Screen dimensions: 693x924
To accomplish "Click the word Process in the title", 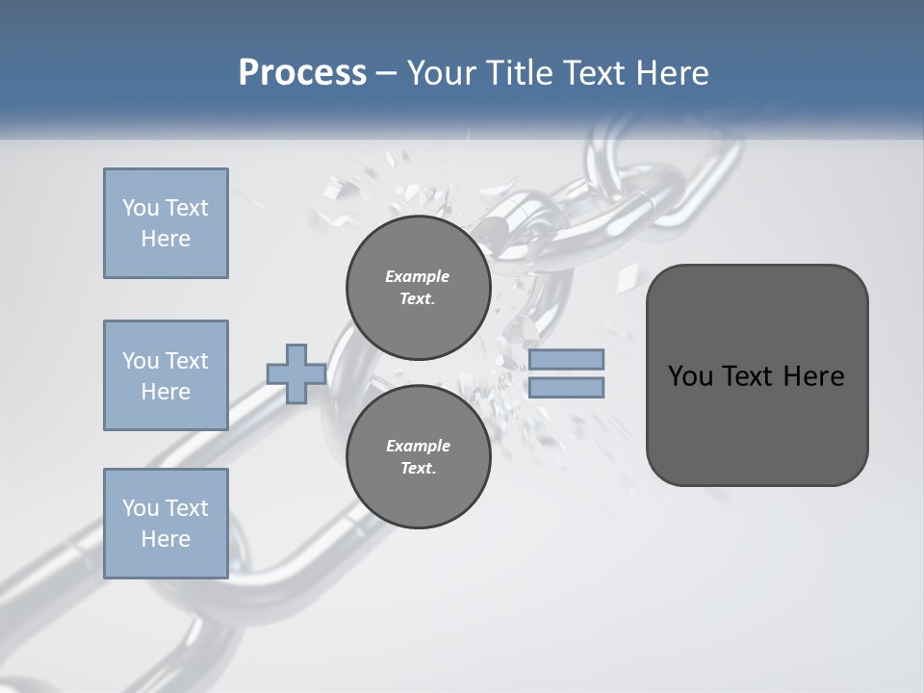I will click(302, 72).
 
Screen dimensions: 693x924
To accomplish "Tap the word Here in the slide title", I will click(671, 72).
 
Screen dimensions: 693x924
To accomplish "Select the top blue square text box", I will click(166, 223).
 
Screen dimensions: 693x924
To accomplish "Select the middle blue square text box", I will click(166, 375).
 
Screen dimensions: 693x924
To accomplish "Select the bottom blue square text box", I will click(166, 523).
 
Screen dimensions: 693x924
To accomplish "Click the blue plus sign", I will click(296, 373).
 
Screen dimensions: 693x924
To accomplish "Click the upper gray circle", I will click(418, 287).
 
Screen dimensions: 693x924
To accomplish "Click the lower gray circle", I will click(418, 456).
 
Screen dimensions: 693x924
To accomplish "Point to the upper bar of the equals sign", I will click(567, 359).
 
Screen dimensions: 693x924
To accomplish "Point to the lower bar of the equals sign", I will click(567, 387).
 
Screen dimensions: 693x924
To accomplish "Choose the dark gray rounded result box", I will click(757, 423).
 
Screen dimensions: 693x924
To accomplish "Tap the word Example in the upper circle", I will click(418, 276).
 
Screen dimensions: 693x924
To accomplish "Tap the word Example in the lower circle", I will click(418, 446).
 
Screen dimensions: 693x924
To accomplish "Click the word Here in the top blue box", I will click(166, 239).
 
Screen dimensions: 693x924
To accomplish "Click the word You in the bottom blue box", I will click(140, 507).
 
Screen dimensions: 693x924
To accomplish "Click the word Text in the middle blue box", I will click(187, 361).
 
